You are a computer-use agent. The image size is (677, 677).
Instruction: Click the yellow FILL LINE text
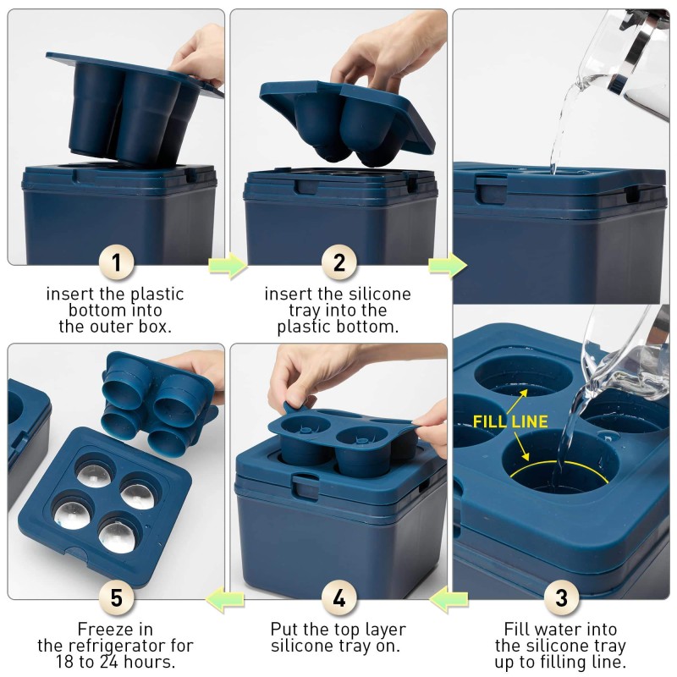[509, 421]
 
